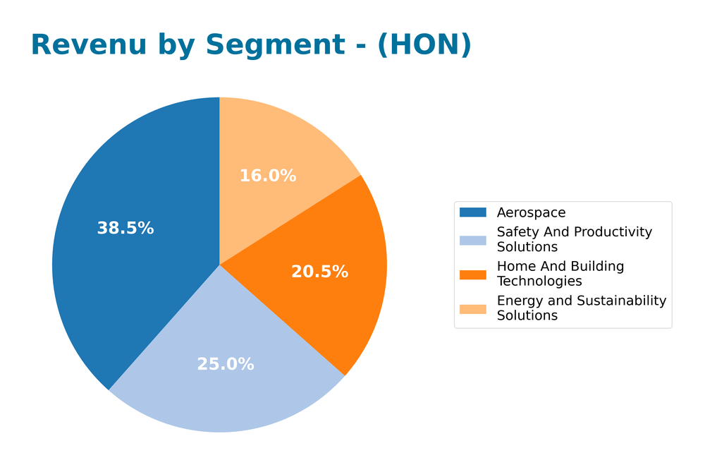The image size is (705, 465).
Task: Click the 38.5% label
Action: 125,228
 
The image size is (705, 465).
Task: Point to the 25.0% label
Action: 225,364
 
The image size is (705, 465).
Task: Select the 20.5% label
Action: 319,272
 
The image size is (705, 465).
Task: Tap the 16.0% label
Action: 268,176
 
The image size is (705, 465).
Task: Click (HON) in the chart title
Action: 424,45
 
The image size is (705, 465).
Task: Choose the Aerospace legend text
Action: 531,212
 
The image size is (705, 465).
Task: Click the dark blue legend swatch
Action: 472,212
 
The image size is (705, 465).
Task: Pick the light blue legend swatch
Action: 472,239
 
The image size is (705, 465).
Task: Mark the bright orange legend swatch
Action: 472,274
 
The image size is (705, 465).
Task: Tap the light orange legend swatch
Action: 472,308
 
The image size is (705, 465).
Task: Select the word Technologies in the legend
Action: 539,282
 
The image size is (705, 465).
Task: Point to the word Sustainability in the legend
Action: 621,301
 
